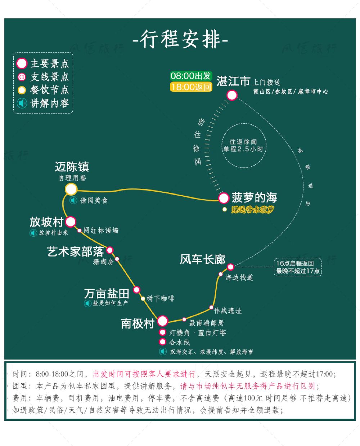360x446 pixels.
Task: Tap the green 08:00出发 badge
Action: (x=191, y=76)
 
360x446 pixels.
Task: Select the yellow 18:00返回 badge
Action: (x=191, y=87)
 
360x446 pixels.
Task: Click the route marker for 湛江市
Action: (x=232, y=95)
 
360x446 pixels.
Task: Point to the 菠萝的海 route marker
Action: (x=224, y=198)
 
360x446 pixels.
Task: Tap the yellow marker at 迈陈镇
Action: (x=71, y=189)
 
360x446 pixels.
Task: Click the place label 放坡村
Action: (x=46, y=222)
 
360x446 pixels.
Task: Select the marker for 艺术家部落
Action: (x=110, y=250)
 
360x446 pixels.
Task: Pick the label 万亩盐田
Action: (x=107, y=294)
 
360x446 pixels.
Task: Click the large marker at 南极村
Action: (x=162, y=321)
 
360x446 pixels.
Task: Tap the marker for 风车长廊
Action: (x=230, y=267)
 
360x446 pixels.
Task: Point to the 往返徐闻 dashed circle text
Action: (x=243, y=145)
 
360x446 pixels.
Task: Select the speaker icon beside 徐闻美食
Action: (x=73, y=200)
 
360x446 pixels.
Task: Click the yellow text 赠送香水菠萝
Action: (x=252, y=209)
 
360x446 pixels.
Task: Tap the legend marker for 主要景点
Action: (x=22, y=63)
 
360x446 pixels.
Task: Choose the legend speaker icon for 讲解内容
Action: (x=22, y=103)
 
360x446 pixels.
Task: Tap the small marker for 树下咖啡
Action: (x=143, y=299)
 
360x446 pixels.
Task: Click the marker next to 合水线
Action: (x=162, y=342)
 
